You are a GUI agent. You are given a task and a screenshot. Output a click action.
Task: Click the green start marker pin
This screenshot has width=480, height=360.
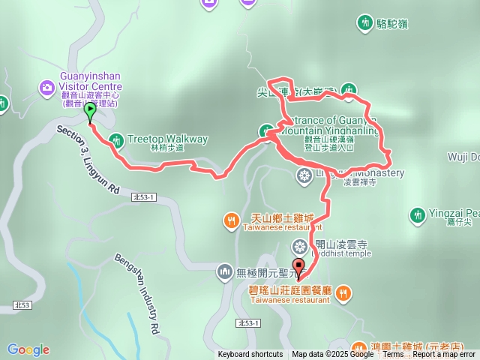click(90, 113)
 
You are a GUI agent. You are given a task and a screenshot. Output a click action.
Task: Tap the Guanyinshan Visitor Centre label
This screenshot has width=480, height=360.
click(97, 81)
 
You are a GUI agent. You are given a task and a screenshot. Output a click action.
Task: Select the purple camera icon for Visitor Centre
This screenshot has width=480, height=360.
click(47, 89)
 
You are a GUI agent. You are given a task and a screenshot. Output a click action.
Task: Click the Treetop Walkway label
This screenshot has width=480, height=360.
click(167, 139)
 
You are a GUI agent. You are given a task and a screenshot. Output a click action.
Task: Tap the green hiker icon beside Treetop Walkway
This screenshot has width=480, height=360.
click(115, 139)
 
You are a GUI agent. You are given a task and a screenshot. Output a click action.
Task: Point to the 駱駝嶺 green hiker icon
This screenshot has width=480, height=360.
click(365, 23)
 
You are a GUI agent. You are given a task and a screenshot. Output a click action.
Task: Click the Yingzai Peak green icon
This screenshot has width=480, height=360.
click(418, 215)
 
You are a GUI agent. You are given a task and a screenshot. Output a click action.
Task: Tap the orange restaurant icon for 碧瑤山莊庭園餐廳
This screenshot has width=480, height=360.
click(343, 291)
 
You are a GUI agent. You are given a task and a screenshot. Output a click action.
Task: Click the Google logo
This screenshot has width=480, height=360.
click(28, 349)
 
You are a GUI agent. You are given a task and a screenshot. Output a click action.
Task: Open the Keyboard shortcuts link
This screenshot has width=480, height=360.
click(250, 355)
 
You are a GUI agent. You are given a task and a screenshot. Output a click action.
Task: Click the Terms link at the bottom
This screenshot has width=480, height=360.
click(392, 355)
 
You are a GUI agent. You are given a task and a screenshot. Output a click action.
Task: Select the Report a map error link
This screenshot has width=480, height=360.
click(443, 355)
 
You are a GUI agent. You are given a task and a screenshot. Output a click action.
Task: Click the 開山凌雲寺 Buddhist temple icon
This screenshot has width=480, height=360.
click(299, 247)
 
